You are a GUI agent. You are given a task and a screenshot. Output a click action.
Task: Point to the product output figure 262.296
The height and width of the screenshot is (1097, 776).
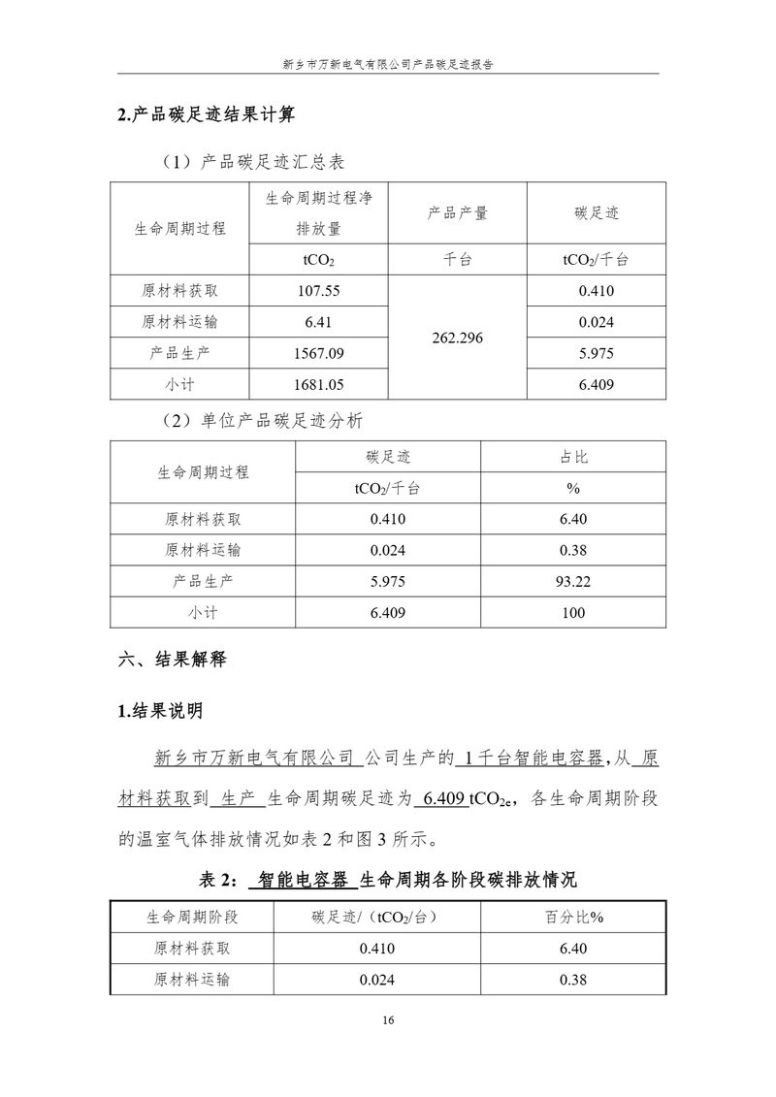point(457,339)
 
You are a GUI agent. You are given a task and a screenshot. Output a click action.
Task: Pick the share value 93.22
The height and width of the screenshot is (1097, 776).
point(574,582)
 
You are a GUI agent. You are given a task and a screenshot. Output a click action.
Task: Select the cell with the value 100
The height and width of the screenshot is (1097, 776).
point(574,613)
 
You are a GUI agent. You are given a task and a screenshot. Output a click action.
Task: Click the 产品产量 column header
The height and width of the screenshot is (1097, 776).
point(457,213)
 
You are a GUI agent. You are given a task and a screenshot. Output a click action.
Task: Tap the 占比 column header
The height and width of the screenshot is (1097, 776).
point(574,456)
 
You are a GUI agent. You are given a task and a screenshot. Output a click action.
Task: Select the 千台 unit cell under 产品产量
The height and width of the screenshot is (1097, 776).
point(457,259)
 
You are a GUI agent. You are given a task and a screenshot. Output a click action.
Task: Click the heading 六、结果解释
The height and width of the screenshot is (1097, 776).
point(172,660)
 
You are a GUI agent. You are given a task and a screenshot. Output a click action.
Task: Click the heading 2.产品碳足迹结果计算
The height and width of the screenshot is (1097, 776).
point(206,114)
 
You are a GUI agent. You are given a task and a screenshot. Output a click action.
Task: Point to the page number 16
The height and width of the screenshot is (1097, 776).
point(388,1020)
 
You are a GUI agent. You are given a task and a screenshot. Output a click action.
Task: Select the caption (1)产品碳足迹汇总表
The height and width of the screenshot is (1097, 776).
point(254,161)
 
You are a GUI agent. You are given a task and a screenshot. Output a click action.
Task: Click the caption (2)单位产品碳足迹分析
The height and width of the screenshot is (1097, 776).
point(261,421)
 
